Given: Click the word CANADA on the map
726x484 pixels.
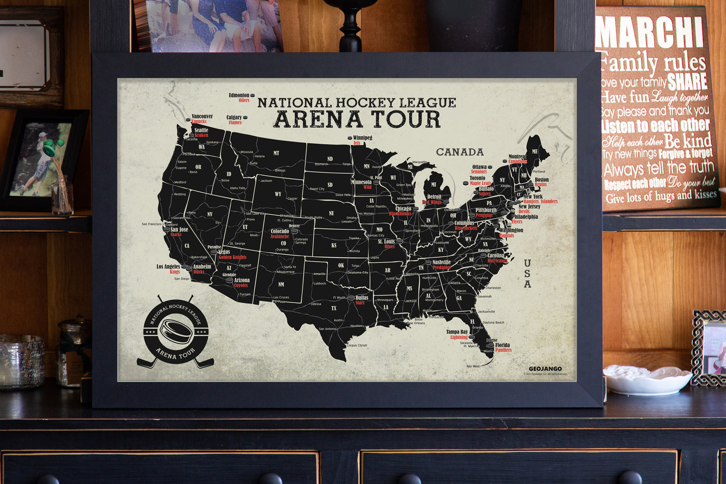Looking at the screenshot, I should (459, 152).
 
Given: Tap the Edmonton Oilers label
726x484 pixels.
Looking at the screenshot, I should (240, 98).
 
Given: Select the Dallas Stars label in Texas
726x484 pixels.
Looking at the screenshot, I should (361, 300).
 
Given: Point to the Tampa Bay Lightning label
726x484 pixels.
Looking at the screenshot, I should (457, 334).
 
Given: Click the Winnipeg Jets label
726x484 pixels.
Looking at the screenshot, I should (361, 140).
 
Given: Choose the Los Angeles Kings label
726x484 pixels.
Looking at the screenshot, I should (169, 269).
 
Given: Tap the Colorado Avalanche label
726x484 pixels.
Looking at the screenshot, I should (280, 233).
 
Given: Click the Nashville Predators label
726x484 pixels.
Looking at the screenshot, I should (441, 265).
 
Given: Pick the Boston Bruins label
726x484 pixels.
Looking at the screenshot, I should (541, 182).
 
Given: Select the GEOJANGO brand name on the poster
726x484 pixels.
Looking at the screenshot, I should (545, 369).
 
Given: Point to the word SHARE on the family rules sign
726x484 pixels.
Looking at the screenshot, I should (687, 81).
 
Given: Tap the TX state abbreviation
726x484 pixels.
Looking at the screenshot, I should (334, 308).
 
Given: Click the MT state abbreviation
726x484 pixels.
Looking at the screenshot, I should (276, 153).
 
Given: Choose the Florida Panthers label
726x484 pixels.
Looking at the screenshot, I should (502, 347).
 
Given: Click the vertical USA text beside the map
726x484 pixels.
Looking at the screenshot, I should (527, 273).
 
